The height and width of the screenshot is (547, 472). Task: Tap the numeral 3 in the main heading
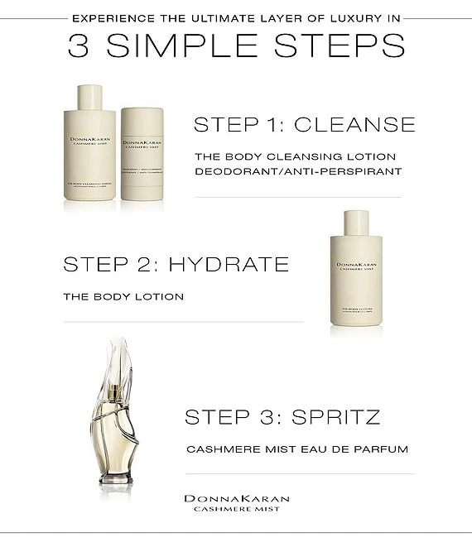tap(79, 46)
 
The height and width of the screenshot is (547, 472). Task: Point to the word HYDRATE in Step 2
tap(229, 264)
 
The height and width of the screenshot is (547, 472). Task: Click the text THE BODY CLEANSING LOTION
tap(283, 156)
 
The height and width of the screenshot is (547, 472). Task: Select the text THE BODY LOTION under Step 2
tap(123, 296)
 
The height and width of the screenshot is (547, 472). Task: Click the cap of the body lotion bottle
tap(356, 222)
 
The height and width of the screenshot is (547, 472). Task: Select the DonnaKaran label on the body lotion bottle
tap(356, 266)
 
